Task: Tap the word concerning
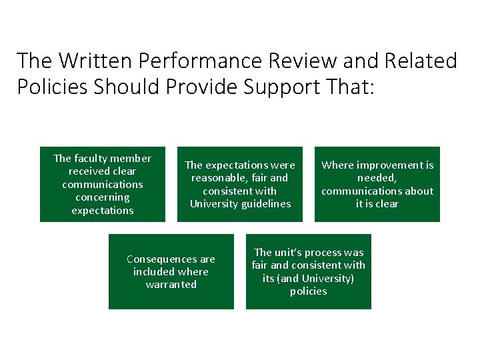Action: click(x=103, y=197)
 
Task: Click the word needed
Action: click(x=377, y=178)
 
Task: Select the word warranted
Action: click(x=171, y=285)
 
